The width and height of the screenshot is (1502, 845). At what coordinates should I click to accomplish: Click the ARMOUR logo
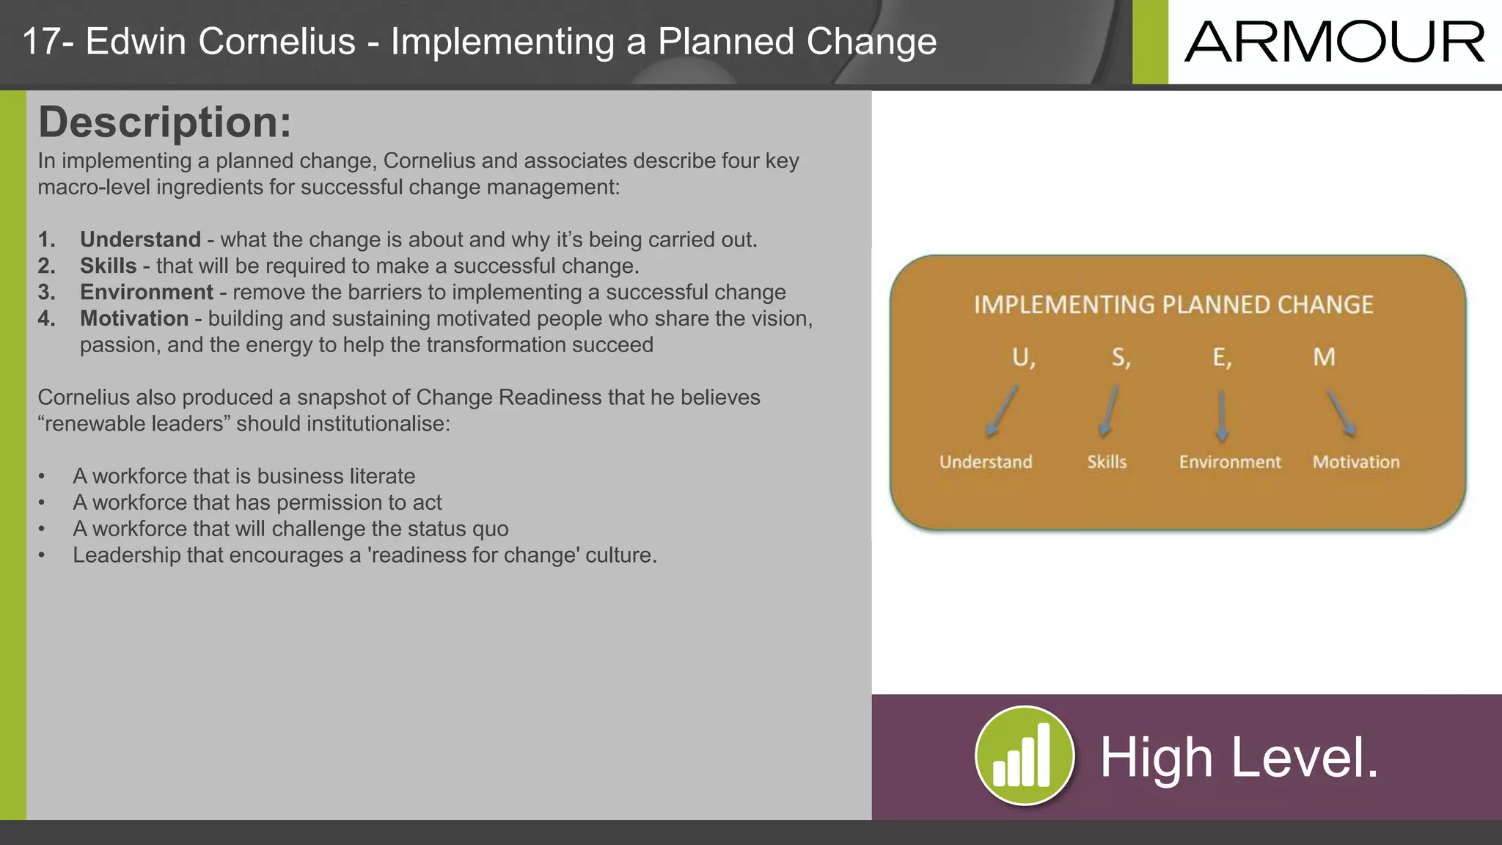click(x=1334, y=43)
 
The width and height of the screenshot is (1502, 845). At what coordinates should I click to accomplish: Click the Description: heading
click(x=164, y=122)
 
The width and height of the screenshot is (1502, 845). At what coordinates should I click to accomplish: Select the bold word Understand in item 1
click(x=140, y=240)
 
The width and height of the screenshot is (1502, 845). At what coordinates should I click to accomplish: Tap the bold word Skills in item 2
click(x=108, y=266)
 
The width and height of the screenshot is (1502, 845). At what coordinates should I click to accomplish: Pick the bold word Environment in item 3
click(x=146, y=292)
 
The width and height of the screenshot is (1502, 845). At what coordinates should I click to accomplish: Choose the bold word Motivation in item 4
click(x=134, y=318)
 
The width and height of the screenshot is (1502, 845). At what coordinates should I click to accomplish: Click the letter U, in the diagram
click(x=1023, y=357)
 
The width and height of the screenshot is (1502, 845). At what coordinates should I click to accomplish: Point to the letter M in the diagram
click(x=1324, y=357)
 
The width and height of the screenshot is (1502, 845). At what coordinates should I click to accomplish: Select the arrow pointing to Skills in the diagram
click(x=1110, y=412)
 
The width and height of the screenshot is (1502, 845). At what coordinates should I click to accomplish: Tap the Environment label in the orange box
click(x=1229, y=462)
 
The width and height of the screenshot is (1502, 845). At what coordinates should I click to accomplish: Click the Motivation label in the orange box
click(x=1355, y=462)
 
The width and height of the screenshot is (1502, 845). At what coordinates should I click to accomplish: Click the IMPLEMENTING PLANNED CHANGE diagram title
click(x=1173, y=305)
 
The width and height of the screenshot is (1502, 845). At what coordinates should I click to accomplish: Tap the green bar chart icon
click(x=1024, y=756)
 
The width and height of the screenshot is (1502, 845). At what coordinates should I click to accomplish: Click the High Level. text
click(x=1239, y=758)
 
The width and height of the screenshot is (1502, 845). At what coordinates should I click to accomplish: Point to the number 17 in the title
click(x=40, y=42)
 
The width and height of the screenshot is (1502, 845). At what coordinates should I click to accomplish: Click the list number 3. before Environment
click(x=47, y=292)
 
